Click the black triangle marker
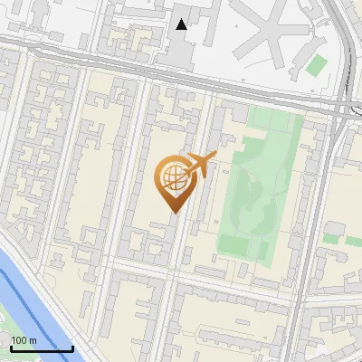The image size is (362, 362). tap(182, 24)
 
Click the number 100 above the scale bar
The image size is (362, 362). tap(20, 340)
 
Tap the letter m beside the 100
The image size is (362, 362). tap(33, 340)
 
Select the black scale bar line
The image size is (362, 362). tap(42, 348)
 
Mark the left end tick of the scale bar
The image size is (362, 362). tap(11, 347)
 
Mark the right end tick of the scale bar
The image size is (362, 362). tap(72, 347)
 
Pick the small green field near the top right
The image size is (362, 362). tap(316, 65)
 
